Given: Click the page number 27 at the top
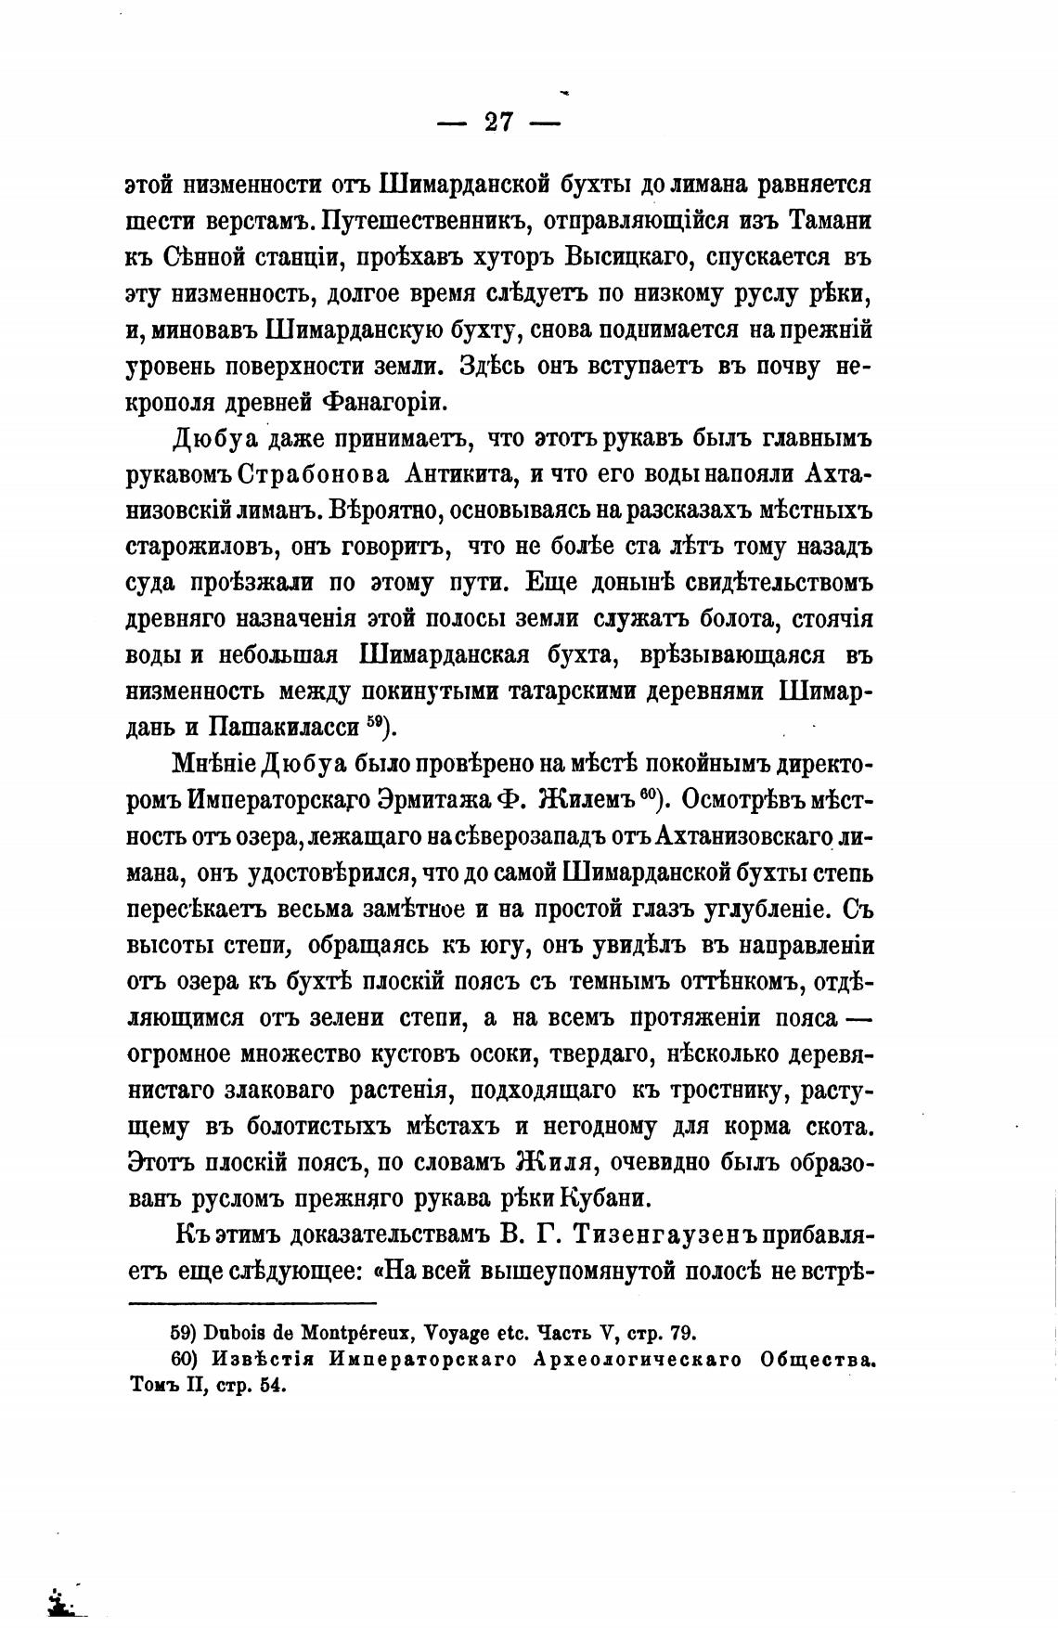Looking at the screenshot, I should coord(499,122).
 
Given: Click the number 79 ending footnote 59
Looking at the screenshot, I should coord(679,1334).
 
